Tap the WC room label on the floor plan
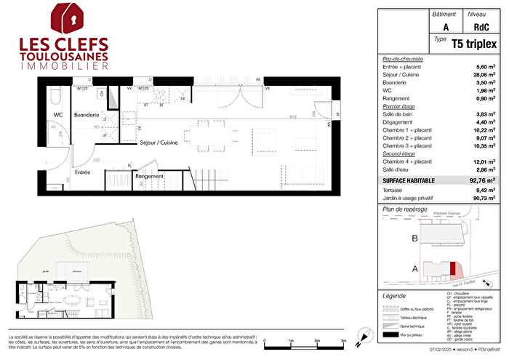point(59,115)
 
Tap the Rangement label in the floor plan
point(149,175)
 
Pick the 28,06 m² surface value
point(484,73)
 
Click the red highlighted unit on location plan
point(453,269)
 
